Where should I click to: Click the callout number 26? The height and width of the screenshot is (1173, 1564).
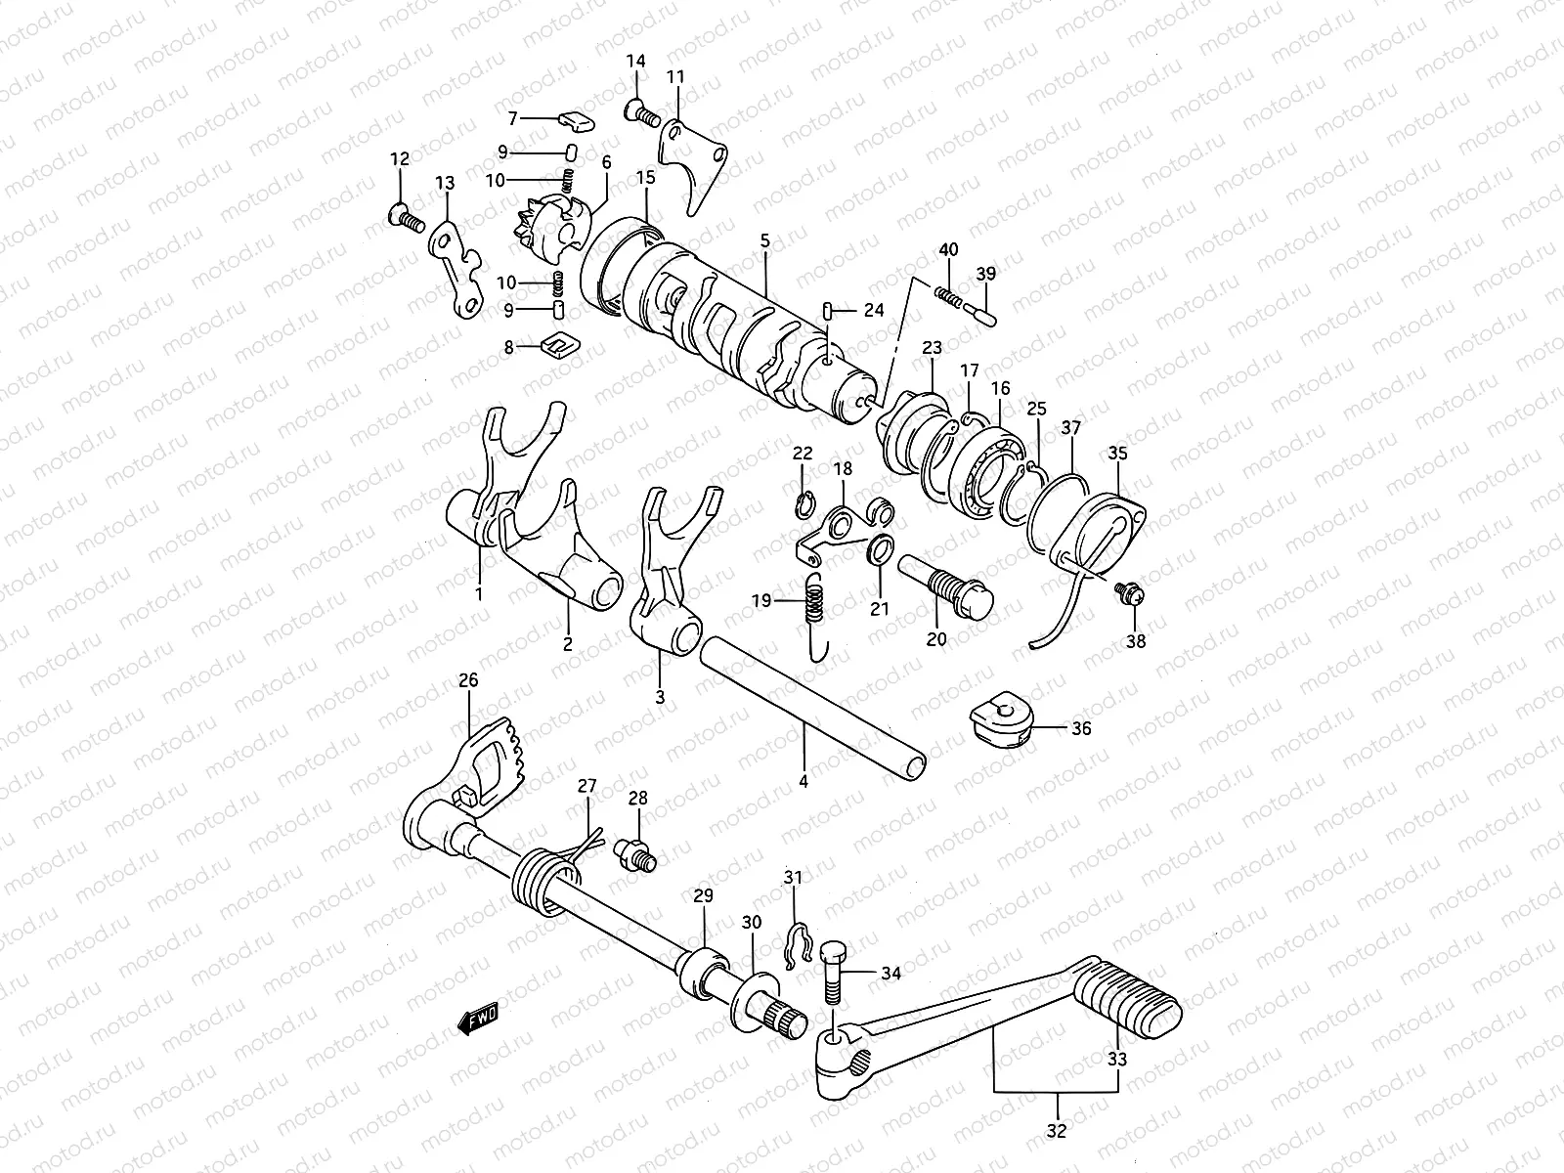coord(468,680)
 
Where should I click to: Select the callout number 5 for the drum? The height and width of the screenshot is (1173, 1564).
coord(765,239)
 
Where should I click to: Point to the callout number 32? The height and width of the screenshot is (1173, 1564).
coord(1056,1131)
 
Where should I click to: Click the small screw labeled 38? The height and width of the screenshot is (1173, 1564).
coord(1130,592)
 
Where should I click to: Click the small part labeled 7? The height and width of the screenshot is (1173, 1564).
coord(576,121)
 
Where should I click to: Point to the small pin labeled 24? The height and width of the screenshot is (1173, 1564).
coord(828,311)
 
